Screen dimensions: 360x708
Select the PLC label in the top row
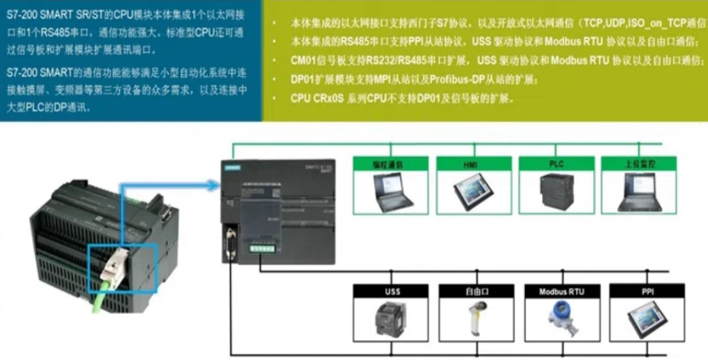pos(556,161)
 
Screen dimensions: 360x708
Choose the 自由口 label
pos(475,292)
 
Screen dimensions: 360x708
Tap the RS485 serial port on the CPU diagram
pos(230,244)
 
